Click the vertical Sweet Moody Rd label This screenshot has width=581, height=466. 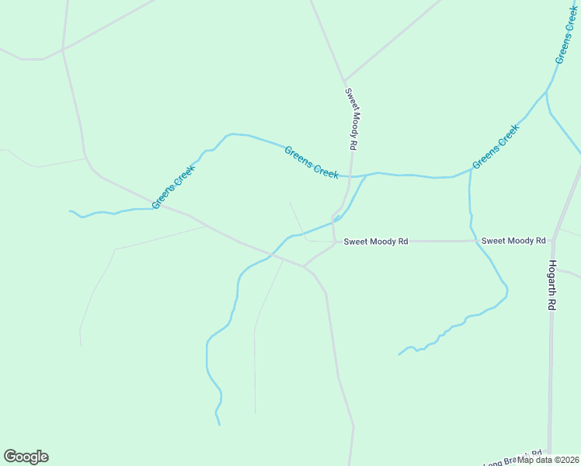click(351, 118)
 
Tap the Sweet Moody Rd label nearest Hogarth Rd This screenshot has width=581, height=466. click(513, 241)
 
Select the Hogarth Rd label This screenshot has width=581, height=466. click(552, 285)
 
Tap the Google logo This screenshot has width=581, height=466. click(26, 457)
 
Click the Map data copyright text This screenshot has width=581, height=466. click(548, 460)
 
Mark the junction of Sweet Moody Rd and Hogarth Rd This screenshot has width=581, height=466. click(553, 241)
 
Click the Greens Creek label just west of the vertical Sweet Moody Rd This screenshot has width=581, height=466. click(311, 162)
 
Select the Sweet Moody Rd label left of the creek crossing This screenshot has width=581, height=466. click(376, 242)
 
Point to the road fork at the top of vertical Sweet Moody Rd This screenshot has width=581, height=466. click(344, 82)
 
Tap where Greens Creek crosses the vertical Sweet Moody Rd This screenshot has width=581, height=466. click(351, 176)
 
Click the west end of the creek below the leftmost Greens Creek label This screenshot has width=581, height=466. click(70, 210)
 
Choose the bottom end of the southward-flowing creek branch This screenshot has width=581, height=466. click(219, 425)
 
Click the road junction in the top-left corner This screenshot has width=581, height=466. click(62, 49)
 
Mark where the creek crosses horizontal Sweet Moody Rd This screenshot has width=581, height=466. click(473, 241)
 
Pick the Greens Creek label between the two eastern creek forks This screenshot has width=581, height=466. click(495, 147)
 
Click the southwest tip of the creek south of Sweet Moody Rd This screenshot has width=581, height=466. click(399, 354)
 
